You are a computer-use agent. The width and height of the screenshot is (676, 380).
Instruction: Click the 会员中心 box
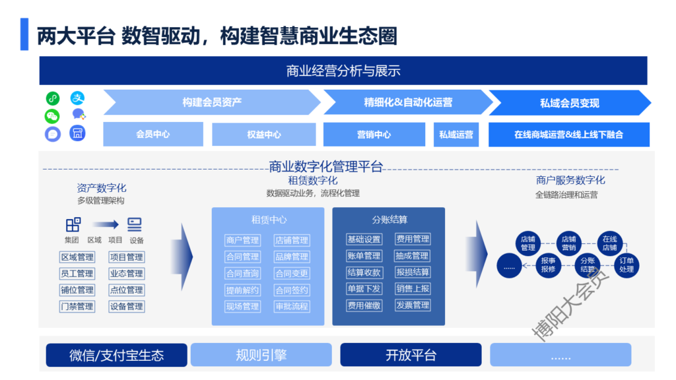(x=153, y=135)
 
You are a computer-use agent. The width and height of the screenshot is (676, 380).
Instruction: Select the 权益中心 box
(x=264, y=135)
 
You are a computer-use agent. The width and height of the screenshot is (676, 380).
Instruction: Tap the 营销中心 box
(x=374, y=135)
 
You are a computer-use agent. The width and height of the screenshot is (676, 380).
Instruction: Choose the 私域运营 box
(x=456, y=135)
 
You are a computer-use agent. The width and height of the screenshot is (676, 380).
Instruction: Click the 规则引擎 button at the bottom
(x=261, y=355)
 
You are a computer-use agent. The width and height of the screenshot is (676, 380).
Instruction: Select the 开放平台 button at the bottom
(x=411, y=355)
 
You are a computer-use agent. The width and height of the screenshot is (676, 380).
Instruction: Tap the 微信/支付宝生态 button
(x=116, y=355)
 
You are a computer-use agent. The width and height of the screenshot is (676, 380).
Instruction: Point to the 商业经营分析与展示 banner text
(x=343, y=71)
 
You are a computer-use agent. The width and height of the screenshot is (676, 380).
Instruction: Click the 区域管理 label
(x=77, y=257)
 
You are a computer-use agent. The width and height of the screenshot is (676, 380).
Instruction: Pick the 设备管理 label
(x=127, y=306)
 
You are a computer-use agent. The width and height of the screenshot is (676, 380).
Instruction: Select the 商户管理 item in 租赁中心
(x=242, y=240)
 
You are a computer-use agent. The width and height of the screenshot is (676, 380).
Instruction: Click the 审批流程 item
(x=292, y=306)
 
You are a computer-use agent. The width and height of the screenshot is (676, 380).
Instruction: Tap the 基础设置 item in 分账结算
(x=364, y=239)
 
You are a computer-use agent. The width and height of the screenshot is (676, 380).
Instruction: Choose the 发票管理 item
(x=413, y=305)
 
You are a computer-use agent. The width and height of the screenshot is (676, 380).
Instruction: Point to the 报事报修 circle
(x=548, y=265)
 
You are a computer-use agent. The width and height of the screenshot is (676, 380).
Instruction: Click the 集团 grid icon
(x=73, y=224)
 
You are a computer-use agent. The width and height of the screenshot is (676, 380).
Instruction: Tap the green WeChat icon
(x=53, y=116)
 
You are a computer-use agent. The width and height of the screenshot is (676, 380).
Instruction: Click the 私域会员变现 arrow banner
(x=569, y=103)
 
